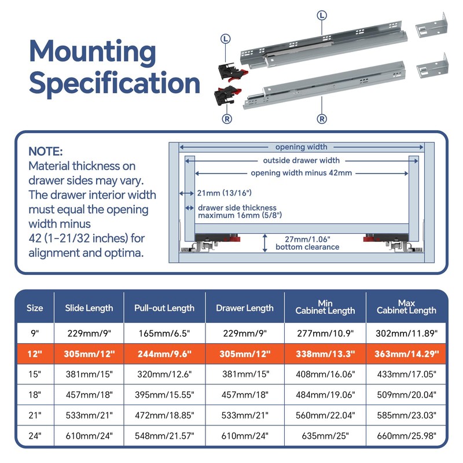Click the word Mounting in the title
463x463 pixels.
click(x=93, y=52)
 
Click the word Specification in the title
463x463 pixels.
click(x=115, y=83)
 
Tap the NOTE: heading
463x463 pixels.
click(x=45, y=152)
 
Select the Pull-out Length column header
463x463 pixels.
click(x=164, y=308)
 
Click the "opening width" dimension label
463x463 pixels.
click(x=301, y=147)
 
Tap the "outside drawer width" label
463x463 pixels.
click(x=301, y=160)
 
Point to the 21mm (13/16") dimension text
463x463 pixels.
click(x=225, y=193)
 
